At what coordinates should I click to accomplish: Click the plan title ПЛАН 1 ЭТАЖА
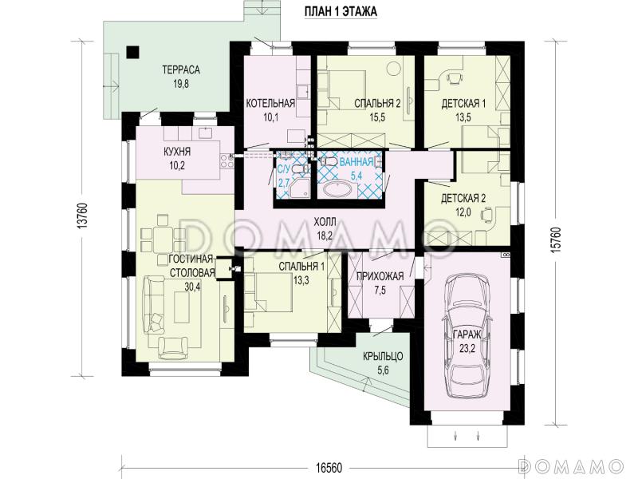(341, 12)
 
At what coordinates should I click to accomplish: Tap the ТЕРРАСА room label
(181, 70)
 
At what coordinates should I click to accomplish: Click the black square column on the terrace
(132, 52)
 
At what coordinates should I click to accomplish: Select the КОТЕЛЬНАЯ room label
(270, 104)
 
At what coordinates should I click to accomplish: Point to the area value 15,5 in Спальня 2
(377, 117)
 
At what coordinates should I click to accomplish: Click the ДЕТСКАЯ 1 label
(463, 104)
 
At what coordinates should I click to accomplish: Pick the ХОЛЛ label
(325, 222)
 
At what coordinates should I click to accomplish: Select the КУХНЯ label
(177, 152)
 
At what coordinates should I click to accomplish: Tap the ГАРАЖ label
(467, 335)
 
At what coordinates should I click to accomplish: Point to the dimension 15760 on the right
(556, 239)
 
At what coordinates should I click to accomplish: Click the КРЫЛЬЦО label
(383, 357)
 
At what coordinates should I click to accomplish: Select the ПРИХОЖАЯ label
(380, 276)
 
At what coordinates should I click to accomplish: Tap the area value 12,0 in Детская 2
(463, 212)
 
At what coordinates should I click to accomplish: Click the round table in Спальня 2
(392, 68)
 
